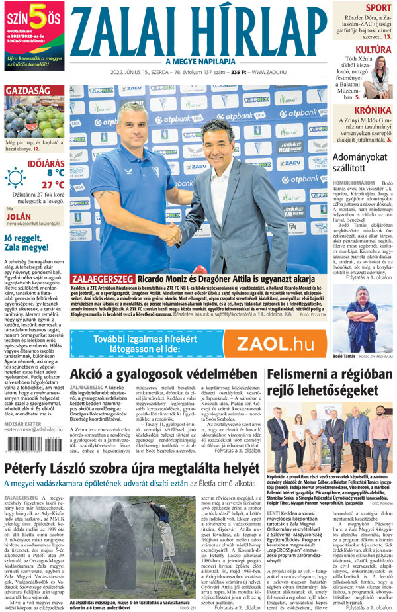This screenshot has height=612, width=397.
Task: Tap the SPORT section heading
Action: pos(378,8)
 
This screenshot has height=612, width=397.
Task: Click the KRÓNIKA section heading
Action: pos(372,110)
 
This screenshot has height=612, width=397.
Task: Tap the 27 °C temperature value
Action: pos(53,185)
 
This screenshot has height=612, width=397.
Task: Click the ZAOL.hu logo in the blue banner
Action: pos(275,344)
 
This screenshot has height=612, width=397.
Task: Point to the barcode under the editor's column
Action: pos(22,447)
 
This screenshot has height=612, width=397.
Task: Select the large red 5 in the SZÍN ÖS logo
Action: pos(38,15)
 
